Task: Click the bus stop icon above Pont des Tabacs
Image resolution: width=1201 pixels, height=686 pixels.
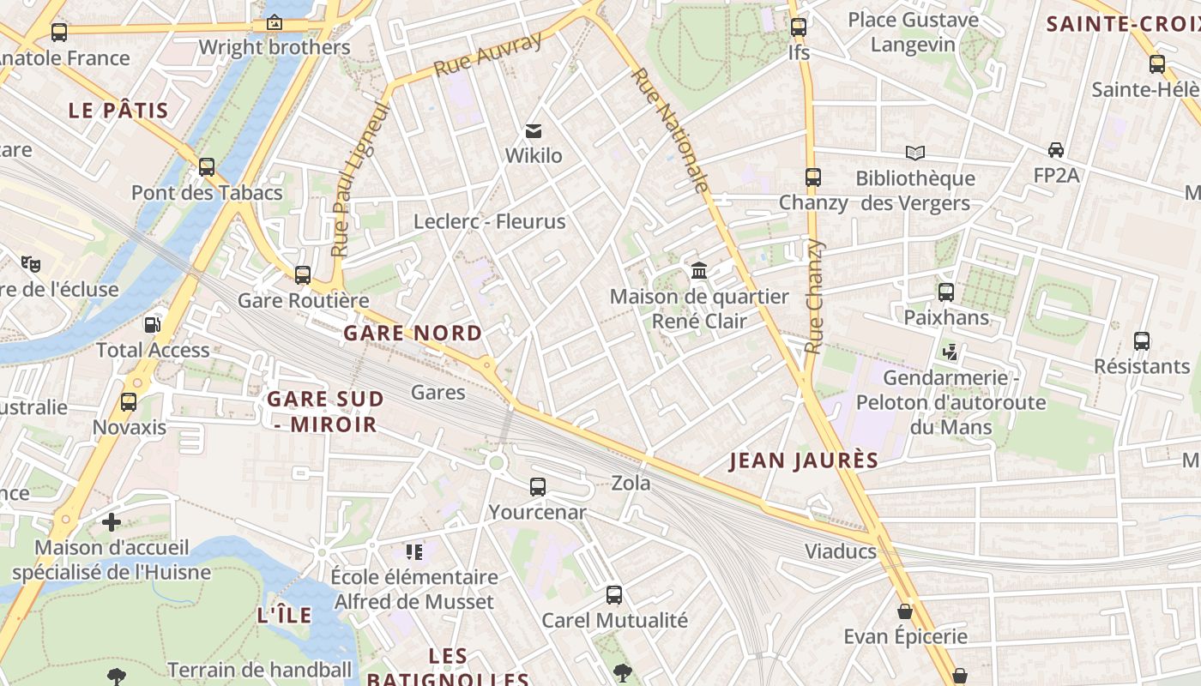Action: (207, 167)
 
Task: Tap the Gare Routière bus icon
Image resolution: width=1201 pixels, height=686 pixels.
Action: (303, 275)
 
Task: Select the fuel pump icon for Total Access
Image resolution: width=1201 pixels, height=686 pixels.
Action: (152, 325)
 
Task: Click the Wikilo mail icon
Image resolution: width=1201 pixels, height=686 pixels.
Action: (534, 131)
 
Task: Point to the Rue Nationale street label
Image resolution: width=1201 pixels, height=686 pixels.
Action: (671, 130)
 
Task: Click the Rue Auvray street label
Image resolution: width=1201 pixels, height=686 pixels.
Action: (488, 54)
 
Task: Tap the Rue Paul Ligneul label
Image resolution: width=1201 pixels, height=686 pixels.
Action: (360, 178)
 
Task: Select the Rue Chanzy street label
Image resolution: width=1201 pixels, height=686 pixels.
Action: (814, 297)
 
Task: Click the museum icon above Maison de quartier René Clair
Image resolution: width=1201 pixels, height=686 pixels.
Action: (699, 271)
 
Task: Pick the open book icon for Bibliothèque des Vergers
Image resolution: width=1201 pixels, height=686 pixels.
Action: (915, 153)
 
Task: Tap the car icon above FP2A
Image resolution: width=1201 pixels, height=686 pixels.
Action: (1056, 150)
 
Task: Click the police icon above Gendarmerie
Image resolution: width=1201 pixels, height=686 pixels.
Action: (950, 352)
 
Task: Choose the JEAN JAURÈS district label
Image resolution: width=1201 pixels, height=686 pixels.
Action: (804, 460)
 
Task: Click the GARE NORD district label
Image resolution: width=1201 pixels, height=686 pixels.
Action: (413, 333)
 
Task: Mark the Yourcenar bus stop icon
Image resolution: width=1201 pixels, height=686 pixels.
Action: (538, 487)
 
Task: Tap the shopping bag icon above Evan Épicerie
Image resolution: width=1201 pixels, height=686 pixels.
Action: (905, 611)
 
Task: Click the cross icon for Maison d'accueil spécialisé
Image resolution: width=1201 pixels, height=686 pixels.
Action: (112, 521)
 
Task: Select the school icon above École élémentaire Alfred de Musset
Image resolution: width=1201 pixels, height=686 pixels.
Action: (414, 551)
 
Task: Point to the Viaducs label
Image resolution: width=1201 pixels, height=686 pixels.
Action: (840, 551)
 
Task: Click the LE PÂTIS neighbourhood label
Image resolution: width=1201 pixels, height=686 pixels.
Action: (118, 110)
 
